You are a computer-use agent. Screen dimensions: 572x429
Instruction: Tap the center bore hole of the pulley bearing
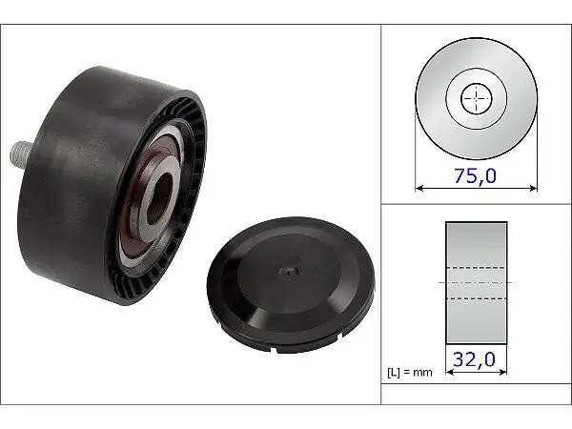159,198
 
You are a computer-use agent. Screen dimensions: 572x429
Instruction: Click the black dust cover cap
291,284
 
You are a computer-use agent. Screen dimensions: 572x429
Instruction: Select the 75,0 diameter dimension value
475,175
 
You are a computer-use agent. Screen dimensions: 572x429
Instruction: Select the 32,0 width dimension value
474,359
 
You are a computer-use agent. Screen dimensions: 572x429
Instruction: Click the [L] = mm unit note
409,373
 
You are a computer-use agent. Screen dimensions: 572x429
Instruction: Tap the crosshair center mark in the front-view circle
476,98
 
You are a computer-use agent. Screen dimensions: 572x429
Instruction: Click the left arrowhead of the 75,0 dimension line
419,188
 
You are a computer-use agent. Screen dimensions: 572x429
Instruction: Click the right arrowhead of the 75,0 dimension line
533,188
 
